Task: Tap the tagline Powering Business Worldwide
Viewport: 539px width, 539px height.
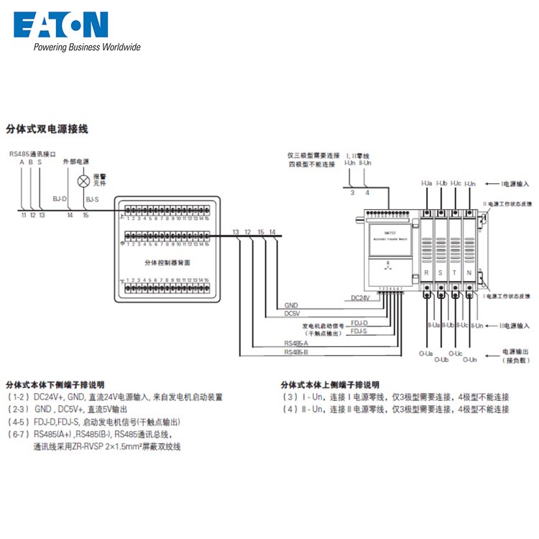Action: point(86,47)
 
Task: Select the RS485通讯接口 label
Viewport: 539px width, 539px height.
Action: point(32,154)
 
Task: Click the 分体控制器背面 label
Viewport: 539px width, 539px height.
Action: point(167,263)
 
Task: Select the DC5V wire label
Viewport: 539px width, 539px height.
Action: point(292,313)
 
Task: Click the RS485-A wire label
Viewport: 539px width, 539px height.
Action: point(295,344)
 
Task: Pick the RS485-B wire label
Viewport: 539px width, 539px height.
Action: point(295,353)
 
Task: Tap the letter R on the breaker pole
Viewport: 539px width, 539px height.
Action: point(427,273)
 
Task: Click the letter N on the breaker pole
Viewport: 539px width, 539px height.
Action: point(469,273)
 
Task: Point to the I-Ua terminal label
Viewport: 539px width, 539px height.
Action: point(426,184)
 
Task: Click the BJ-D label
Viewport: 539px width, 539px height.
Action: point(60,199)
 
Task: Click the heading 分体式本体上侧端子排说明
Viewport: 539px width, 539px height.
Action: point(330,384)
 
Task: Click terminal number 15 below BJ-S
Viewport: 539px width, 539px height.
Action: point(86,215)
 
